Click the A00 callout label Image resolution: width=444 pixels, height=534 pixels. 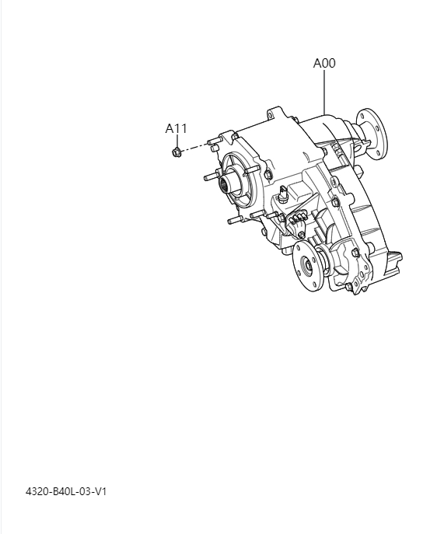324,63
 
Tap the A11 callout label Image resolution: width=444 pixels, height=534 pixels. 176,128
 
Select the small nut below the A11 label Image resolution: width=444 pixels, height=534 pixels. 177,152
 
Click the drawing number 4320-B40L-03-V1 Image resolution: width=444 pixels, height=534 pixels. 65,491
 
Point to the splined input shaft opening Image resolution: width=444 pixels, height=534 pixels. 230,184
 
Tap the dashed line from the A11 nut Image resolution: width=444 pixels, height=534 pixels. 196,147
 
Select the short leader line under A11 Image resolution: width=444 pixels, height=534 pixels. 176,140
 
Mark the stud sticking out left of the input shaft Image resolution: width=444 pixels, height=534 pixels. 210,176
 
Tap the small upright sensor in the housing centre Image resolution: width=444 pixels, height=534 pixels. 283,194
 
